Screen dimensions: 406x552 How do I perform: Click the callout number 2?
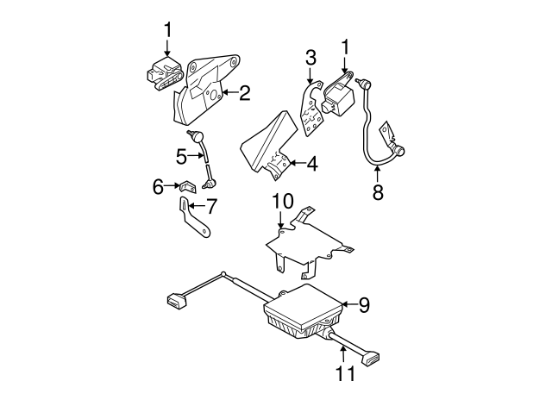pos(245,93)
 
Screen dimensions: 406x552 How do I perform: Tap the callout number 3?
pos(310,58)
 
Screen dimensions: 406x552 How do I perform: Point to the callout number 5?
pos(181,156)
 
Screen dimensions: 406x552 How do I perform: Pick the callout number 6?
pos(159,186)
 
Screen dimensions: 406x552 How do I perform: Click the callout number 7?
pos(210,206)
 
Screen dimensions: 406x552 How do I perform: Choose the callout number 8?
pos(378,192)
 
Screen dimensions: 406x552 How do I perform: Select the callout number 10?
pos(283,202)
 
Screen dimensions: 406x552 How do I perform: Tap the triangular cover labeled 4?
pos(267,141)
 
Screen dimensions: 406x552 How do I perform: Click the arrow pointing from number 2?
pos(228,91)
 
